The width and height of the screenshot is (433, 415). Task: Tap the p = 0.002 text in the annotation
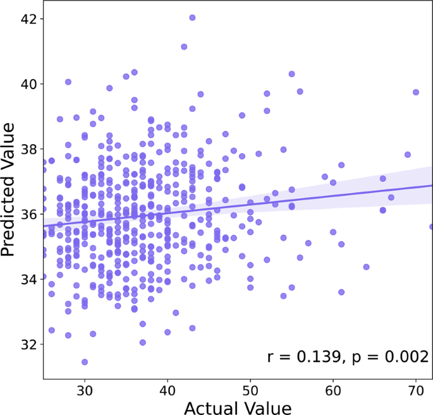coord(386,357)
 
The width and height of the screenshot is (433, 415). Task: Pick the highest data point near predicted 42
coord(192,18)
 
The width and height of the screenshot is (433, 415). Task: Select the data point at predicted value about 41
coord(184,47)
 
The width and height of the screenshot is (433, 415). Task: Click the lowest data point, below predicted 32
coord(85,362)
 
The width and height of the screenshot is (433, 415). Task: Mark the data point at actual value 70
coord(416,92)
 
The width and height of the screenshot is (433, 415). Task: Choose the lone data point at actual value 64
coord(366,267)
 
